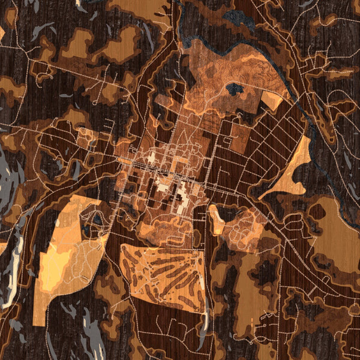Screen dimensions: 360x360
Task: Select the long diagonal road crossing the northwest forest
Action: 78,78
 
